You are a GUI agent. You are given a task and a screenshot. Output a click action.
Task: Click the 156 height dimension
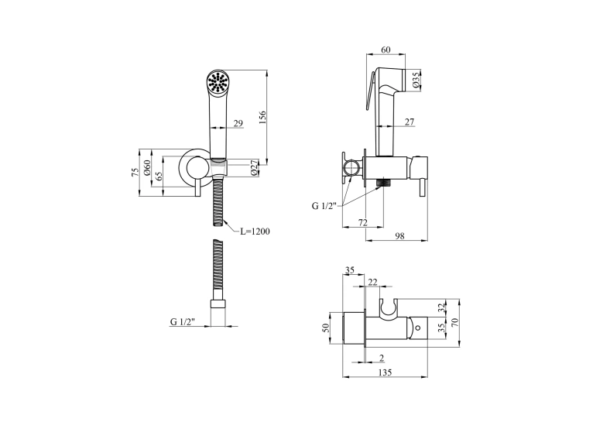pyautogui.click(x=263, y=117)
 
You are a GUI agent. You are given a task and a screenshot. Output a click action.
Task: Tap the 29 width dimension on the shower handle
pyautogui.click(x=238, y=123)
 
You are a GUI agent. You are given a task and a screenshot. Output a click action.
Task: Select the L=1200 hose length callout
pyautogui.click(x=255, y=232)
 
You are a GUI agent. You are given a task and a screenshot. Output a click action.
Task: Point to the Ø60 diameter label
pyautogui.click(x=147, y=168)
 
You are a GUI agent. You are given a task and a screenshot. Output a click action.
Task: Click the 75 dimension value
pyautogui.click(x=135, y=172)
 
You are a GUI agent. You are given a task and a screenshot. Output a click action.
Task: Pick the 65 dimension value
pyautogui.click(x=159, y=176)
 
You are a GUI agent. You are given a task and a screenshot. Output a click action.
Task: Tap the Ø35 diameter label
pyautogui.click(x=416, y=81)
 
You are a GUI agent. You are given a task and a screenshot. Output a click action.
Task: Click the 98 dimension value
pyautogui.click(x=399, y=236)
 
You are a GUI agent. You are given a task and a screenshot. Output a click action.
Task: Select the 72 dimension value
pyautogui.click(x=362, y=223)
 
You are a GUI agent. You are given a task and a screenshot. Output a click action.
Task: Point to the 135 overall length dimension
pyautogui.click(x=385, y=372)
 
